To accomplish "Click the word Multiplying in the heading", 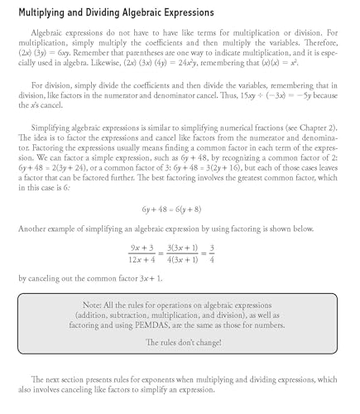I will click(x=51, y=13).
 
